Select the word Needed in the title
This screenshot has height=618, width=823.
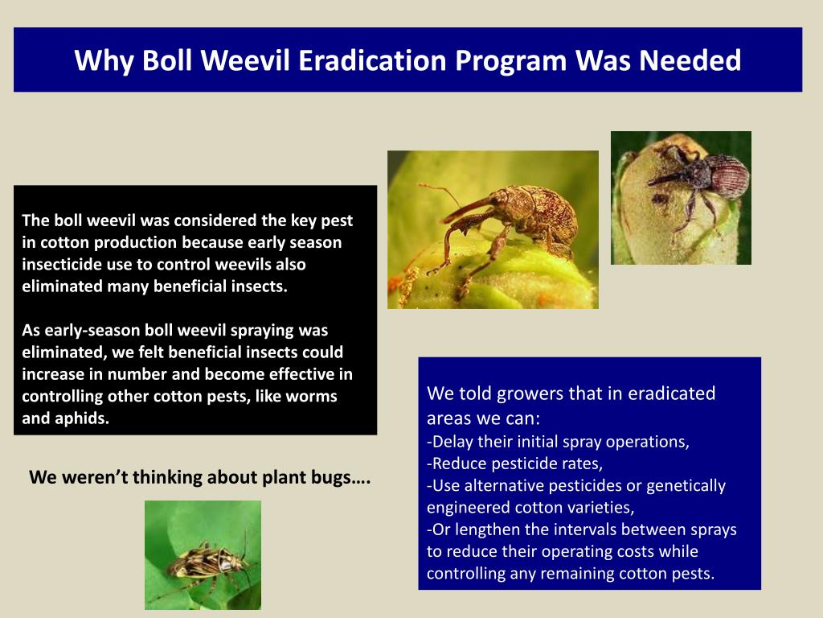pyautogui.click(x=690, y=60)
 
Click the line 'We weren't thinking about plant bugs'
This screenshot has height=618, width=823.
pyautogui.click(x=199, y=477)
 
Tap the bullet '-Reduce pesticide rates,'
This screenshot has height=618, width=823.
pyautogui.click(x=514, y=464)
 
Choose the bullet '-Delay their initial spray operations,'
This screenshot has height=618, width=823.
pyautogui.click(x=558, y=442)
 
